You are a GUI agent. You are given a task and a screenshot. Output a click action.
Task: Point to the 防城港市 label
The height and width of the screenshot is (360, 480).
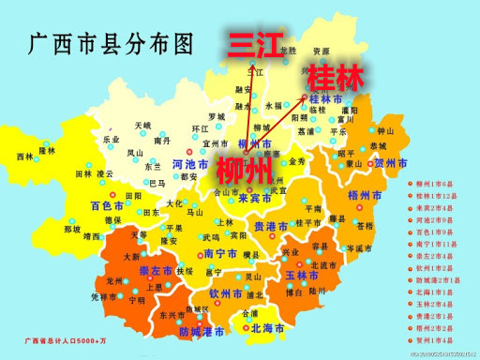[201, 332]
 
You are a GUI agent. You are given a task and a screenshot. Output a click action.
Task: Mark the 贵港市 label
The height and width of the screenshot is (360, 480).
[273, 226]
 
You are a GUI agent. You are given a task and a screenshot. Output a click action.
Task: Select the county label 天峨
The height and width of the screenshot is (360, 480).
[142, 124]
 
